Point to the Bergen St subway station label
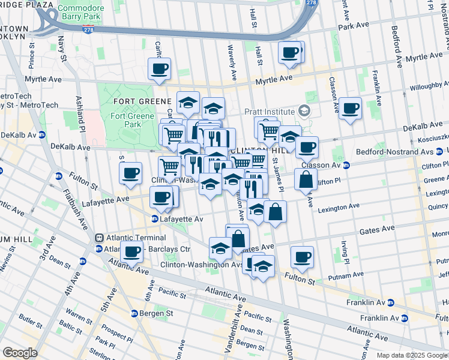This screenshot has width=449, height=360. [157, 313]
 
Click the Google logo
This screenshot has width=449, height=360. [20, 353]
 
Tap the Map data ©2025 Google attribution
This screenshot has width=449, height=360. [412, 355]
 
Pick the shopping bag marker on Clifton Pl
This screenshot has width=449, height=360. [306, 179]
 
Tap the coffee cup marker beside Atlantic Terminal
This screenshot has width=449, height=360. [131, 252]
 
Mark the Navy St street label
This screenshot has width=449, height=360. [61, 44]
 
